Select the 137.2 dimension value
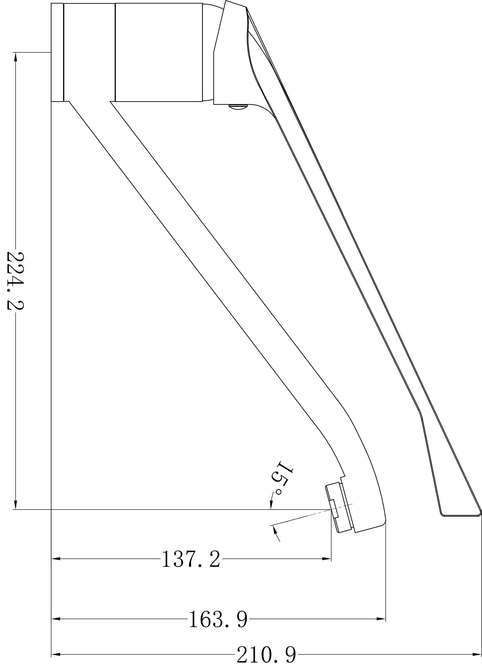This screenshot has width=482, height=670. click(191, 559)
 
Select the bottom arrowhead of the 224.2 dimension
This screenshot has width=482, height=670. click(16, 504)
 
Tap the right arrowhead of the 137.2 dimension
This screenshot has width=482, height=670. click(326, 558)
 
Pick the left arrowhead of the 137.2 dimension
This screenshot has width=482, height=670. click(56, 558)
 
